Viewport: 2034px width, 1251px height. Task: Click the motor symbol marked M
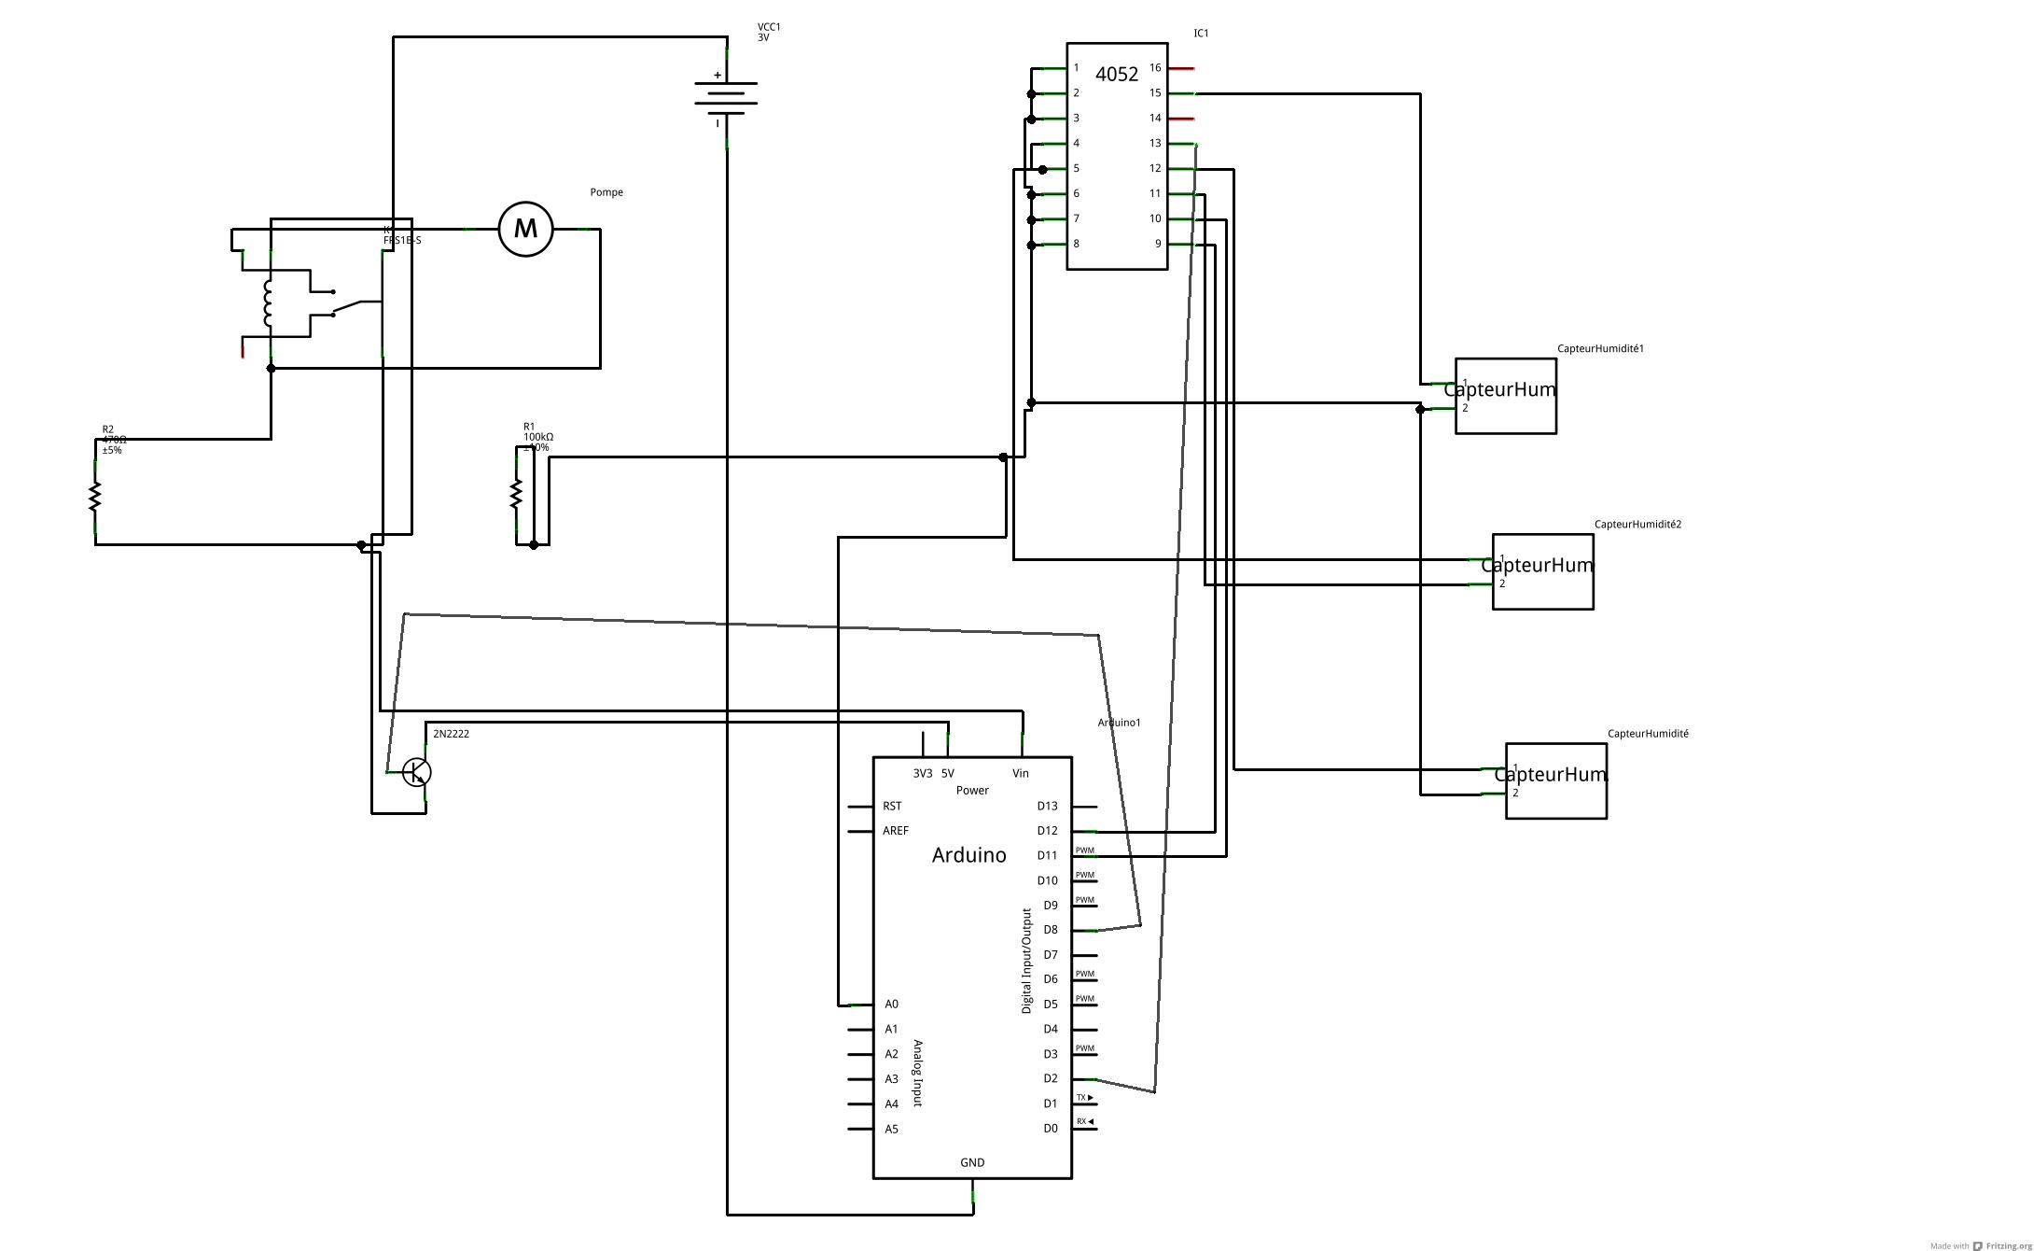point(525,229)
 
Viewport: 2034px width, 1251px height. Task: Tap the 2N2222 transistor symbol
point(416,772)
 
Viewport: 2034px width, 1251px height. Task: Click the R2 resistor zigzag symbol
point(94,497)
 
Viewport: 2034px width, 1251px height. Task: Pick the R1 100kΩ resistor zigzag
point(516,494)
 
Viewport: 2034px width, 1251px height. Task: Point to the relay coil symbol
point(268,303)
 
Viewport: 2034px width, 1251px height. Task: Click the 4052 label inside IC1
point(1116,75)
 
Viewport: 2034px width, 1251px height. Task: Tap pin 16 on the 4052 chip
point(1155,68)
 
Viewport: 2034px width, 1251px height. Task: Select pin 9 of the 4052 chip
point(1158,244)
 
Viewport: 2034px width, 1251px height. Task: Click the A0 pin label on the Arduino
point(891,1005)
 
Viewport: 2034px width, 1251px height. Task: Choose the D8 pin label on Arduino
point(1051,930)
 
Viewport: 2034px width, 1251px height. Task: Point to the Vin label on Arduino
point(1021,773)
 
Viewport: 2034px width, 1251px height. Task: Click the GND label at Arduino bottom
point(972,1162)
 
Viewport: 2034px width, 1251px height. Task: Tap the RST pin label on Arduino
point(892,806)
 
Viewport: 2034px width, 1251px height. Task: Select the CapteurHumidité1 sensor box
point(1506,396)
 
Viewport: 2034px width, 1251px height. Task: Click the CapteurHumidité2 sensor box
point(1543,571)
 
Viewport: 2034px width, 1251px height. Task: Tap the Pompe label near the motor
point(606,192)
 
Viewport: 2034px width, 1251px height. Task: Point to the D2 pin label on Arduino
point(1051,1078)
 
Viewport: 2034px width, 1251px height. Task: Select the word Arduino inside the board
point(968,855)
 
